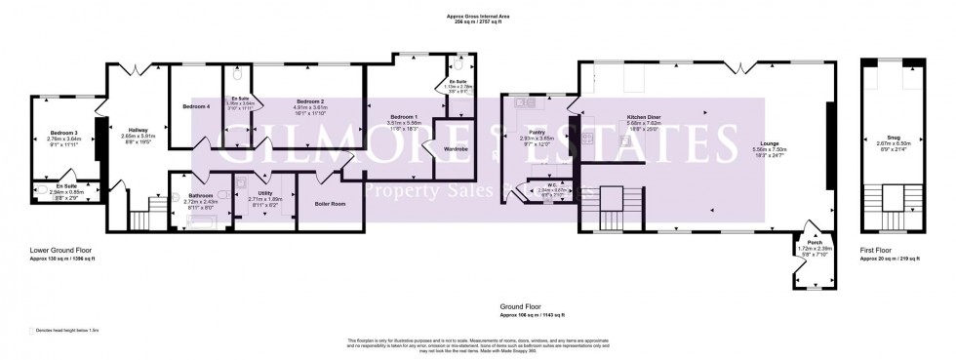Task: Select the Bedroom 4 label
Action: click(x=196, y=106)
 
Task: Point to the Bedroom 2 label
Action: click(x=310, y=100)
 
